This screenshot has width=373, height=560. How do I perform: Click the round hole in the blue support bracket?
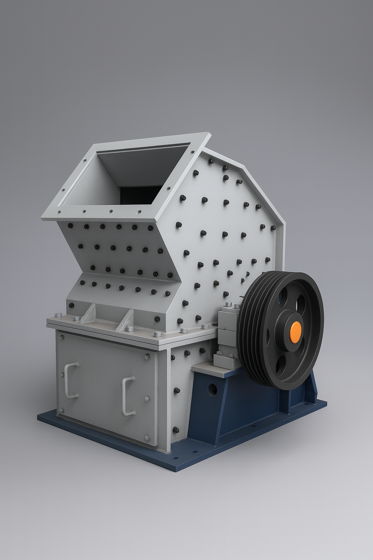coord(212,389)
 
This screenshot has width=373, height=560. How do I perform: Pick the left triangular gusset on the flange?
coord(89,315)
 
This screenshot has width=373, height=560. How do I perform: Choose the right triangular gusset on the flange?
coord(126,320)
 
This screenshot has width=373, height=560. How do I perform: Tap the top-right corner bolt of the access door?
coord(147,357)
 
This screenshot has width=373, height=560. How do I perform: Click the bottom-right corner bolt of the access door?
coord(147,437)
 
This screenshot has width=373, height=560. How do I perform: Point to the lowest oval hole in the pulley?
coord(280,365)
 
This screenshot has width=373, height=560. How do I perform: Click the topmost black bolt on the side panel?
coord(211,160)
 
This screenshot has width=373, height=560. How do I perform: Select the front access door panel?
coord(106,386)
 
